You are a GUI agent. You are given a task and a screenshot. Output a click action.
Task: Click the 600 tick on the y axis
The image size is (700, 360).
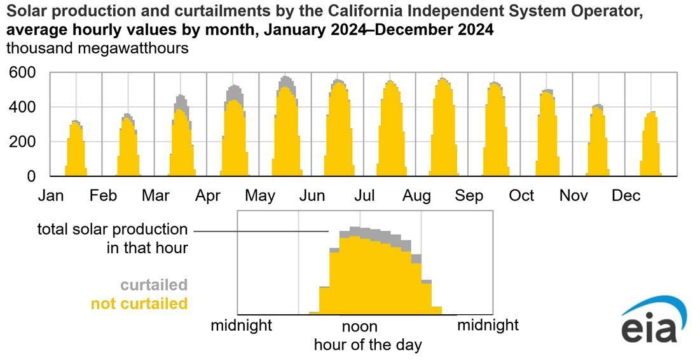click(23, 74)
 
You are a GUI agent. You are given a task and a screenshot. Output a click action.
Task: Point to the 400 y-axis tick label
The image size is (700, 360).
click(23, 107)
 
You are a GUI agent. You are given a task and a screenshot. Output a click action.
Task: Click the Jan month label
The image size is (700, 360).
click(51, 196)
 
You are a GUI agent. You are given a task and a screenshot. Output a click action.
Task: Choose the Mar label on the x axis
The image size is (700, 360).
click(155, 196)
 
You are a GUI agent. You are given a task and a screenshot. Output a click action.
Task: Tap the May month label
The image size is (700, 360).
click(260, 196)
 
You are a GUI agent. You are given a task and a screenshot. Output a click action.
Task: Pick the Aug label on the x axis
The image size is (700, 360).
click(416, 196)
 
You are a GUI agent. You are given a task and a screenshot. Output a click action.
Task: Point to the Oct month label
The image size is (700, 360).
click(521, 196)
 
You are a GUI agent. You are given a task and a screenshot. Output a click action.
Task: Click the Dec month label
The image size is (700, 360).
click(626, 196)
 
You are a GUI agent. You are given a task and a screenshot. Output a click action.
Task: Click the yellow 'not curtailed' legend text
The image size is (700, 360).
click(139, 304)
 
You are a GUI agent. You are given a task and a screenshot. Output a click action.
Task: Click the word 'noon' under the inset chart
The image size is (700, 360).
click(360, 327)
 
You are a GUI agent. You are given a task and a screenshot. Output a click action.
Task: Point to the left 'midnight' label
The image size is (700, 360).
click(242, 326)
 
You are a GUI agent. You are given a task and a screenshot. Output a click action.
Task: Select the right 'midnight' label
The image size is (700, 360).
click(488, 326)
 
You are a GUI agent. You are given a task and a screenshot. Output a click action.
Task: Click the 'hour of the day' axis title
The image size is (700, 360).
click(367, 345)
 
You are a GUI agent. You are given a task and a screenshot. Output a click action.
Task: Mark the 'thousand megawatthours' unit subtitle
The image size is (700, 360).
click(97, 48)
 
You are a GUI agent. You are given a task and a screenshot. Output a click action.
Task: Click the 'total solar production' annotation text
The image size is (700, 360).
click(113, 230)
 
